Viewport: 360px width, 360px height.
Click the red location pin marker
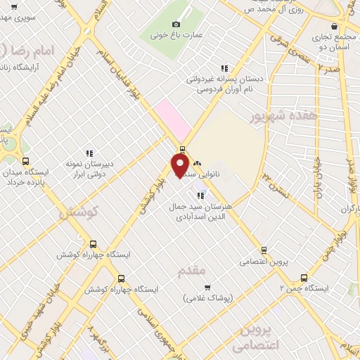(x=180, y=165)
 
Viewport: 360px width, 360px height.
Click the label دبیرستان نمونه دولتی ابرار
(x=90, y=169)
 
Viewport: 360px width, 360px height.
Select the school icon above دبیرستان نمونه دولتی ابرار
(x=89, y=153)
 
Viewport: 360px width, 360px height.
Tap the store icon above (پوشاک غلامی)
(x=207, y=287)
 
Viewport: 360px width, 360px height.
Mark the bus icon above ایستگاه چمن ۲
(x=304, y=277)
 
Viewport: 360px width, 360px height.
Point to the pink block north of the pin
(x=173, y=118)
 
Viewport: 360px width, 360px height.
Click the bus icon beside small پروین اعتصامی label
(x=264, y=250)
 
